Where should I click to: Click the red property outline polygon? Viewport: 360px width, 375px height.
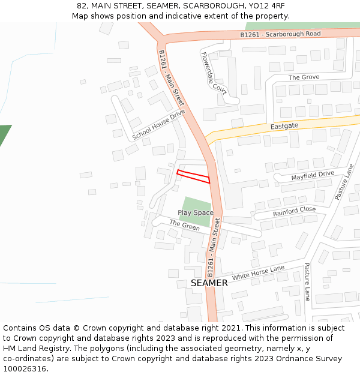(193, 176)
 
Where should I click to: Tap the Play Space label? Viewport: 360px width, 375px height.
(195, 213)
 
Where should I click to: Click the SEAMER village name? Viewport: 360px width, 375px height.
(209, 283)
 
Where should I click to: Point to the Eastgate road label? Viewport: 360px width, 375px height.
(284, 127)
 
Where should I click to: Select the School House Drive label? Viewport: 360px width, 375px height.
(159, 125)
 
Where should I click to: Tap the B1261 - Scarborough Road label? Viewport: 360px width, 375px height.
(280, 35)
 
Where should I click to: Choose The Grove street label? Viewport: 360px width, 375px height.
(304, 77)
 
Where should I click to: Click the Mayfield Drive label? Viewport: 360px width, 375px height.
(313, 175)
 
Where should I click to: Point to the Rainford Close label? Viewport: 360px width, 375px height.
(294, 211)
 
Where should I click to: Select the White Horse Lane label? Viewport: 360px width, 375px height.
(258, 273)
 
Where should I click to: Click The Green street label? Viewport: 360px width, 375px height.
(184, 226)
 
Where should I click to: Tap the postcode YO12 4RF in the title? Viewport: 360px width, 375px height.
(266, 6)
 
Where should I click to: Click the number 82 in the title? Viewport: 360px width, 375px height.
(82, 6)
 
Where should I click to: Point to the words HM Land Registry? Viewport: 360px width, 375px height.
(32, 349)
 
